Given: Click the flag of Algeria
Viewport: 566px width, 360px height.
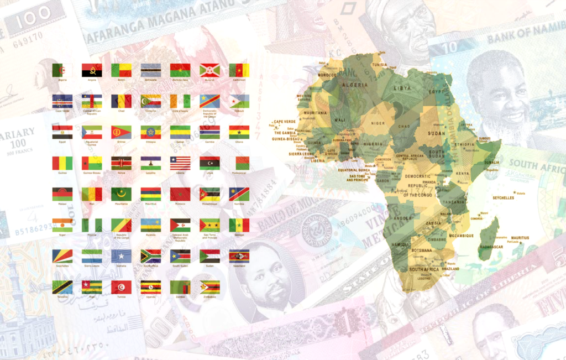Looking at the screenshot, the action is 62,70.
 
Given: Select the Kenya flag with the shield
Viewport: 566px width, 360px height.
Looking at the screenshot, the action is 121,163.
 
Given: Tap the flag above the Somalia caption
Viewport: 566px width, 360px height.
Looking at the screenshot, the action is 121,256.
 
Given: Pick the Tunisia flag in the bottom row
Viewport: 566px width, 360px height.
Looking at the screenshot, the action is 121,287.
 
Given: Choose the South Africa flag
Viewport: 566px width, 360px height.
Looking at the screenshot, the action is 150,256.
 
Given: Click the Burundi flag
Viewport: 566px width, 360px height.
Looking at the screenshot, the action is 209,70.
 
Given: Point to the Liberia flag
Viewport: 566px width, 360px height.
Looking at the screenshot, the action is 180,163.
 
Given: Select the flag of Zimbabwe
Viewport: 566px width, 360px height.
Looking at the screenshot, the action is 209,287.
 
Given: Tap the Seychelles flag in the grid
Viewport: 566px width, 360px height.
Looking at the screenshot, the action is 62,256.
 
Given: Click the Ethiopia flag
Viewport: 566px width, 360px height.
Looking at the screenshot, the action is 150,132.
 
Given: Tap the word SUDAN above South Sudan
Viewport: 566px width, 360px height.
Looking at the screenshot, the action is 436,133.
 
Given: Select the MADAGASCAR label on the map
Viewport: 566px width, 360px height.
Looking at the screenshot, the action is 491,247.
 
